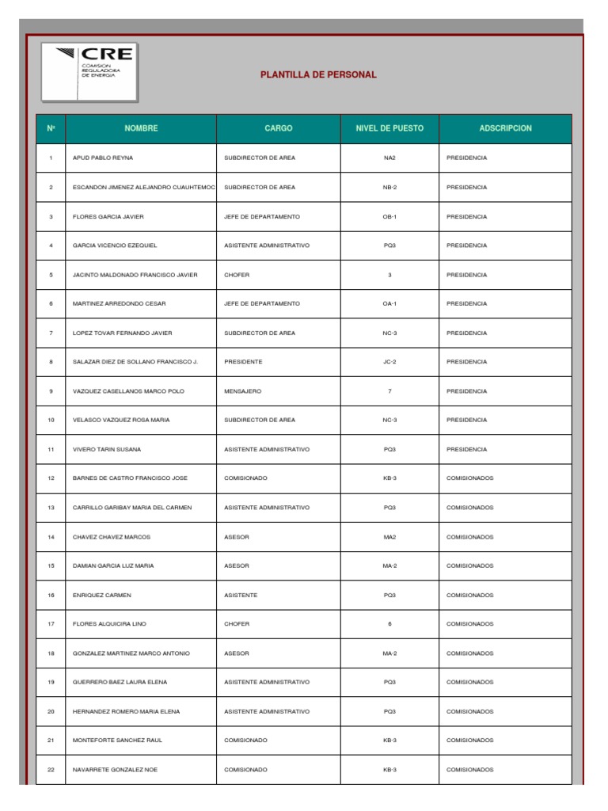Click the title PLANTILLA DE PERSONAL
pos(318,75)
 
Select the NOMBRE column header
pos(141,128)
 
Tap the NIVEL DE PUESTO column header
pos(389,128)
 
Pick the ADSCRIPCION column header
pos(505,128)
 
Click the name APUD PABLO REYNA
pos(103,158)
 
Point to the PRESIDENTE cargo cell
pos(243,362)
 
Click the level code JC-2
pos(389,362)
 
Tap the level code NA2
pos(389,158)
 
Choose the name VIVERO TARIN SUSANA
pos(107,449)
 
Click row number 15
pos(51,565)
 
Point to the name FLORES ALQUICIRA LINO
pos(110,624)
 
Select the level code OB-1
pos(389,216)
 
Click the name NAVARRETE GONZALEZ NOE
pos(115,770)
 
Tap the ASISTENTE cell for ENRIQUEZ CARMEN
pos(241,595)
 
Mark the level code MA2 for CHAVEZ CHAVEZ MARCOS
pos(389,537)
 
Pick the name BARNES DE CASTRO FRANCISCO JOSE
pos(131,478)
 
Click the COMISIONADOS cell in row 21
pos(470,741)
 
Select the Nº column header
pos(51,128)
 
